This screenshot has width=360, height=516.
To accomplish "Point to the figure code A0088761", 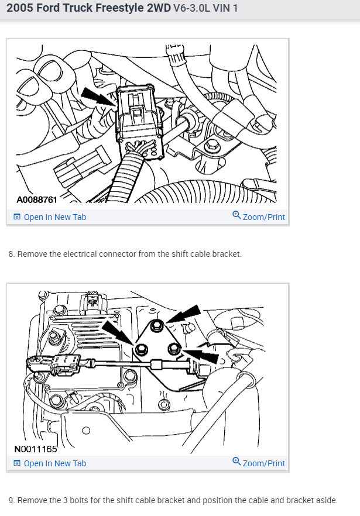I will (x=37, y=200).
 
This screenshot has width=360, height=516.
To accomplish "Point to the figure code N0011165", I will (x=36, y=450).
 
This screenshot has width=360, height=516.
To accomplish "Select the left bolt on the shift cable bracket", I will (x=141, y=350).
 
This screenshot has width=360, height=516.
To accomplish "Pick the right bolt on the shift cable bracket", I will (x=173, y=350).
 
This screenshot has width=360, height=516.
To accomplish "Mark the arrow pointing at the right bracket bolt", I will (x=202, y=355).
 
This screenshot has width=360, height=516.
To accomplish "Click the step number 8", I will (x=11, y=254).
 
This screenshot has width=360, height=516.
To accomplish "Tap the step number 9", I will (x=11, y=501).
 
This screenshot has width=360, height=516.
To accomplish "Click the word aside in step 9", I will (x=325, y=501).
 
